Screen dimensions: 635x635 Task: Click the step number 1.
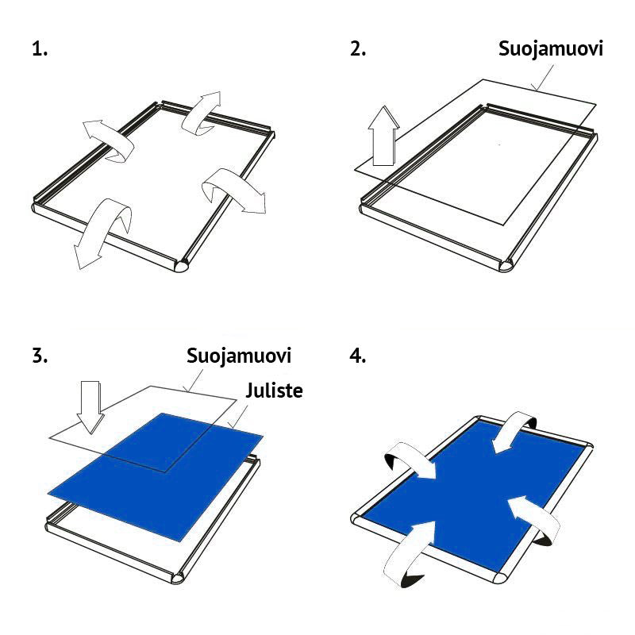40,49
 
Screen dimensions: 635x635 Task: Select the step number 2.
358,49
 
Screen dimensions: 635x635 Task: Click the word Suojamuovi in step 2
550,49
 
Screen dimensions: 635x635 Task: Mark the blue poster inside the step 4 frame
468,484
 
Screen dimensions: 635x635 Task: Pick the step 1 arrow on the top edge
202,111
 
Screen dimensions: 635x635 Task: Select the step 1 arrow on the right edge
234,190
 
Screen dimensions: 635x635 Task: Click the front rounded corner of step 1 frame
179,265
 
